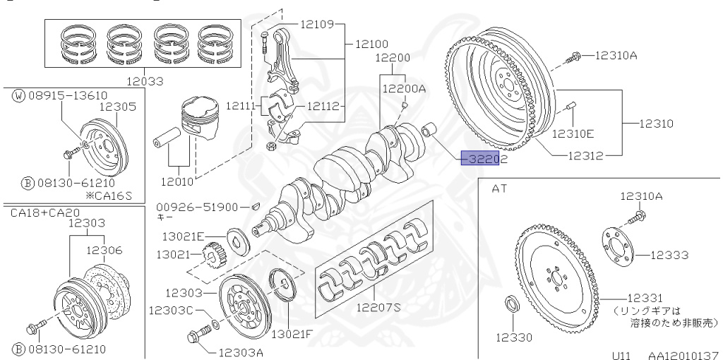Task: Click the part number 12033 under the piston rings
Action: (144, 80)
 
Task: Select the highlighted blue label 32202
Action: (481, 160)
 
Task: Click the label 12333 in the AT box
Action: (669, 255)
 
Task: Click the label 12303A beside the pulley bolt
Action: (241, 351)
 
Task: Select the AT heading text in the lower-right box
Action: (500, 188)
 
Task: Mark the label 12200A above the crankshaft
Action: (404, 89)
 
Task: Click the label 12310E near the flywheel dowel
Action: (573, 133)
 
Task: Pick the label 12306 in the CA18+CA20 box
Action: (104, 250)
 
